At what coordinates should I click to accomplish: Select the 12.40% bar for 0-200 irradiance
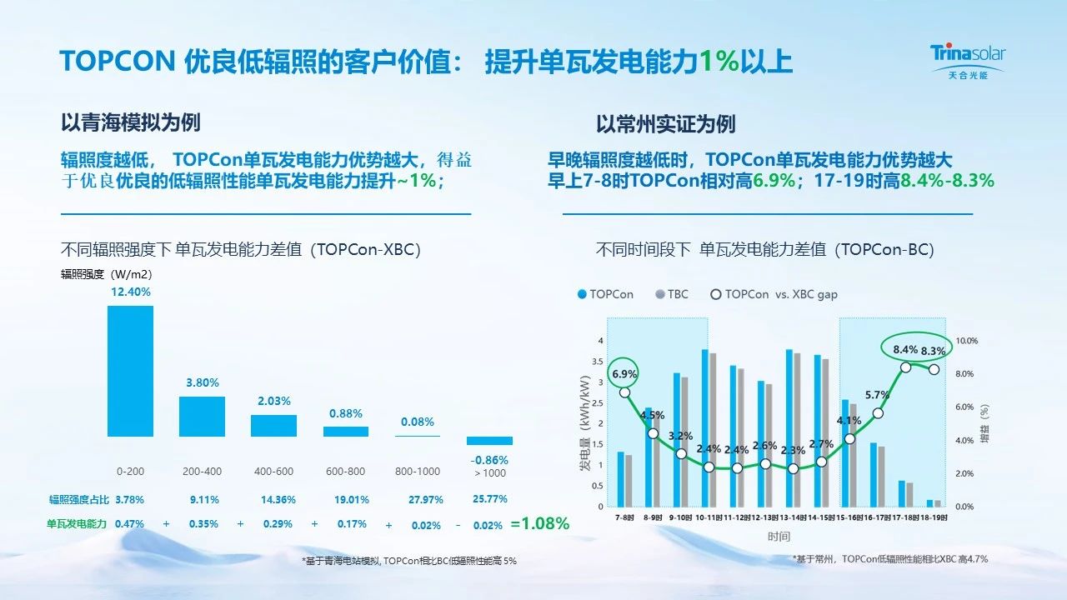[x=131, y=371]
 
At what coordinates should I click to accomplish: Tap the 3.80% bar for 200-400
[x=203, y=416]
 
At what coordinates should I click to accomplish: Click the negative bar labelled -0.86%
[x=489, y=441]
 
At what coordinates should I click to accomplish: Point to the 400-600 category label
[x=273, y=472]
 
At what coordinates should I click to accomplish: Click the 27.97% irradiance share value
[x=426, y=499]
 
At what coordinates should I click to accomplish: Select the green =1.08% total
[x=540, y=524]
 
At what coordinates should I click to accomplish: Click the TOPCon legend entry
[x=605, y=294]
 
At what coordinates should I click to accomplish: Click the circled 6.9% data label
[x=624, y=374]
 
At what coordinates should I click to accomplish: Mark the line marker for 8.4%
[x=905, y=367]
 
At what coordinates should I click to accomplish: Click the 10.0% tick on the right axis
[x=966, y=341]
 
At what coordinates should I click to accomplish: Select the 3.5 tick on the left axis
[x=598, y=361]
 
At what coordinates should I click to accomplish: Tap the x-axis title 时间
[x=779, y=537]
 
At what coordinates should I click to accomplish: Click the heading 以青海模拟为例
[x=131, y=123]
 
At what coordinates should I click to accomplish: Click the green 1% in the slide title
[x=717, y=62]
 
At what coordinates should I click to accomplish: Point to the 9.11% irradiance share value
[x=203, y=499]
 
